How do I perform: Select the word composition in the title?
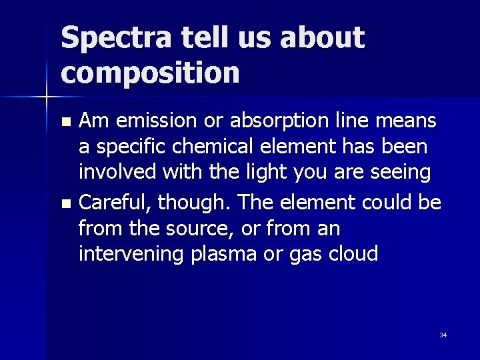pyautogui.click(x=150, y=72)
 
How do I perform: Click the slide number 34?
pyautogui.click(x=443, y=335)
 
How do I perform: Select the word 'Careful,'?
pyautogui.click(x=117, y=201)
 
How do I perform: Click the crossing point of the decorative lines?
pyautogui.click(x=46, y=97)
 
